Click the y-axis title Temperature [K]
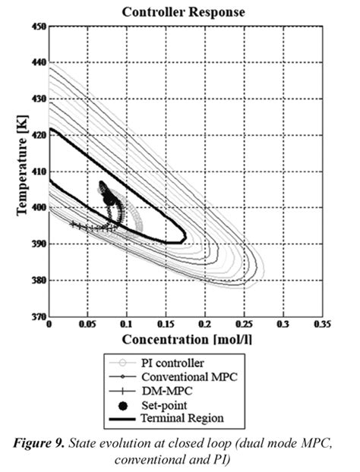tap(21, 171)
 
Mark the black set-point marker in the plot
tap(109, 200)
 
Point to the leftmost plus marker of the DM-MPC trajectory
tap(72, 224)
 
